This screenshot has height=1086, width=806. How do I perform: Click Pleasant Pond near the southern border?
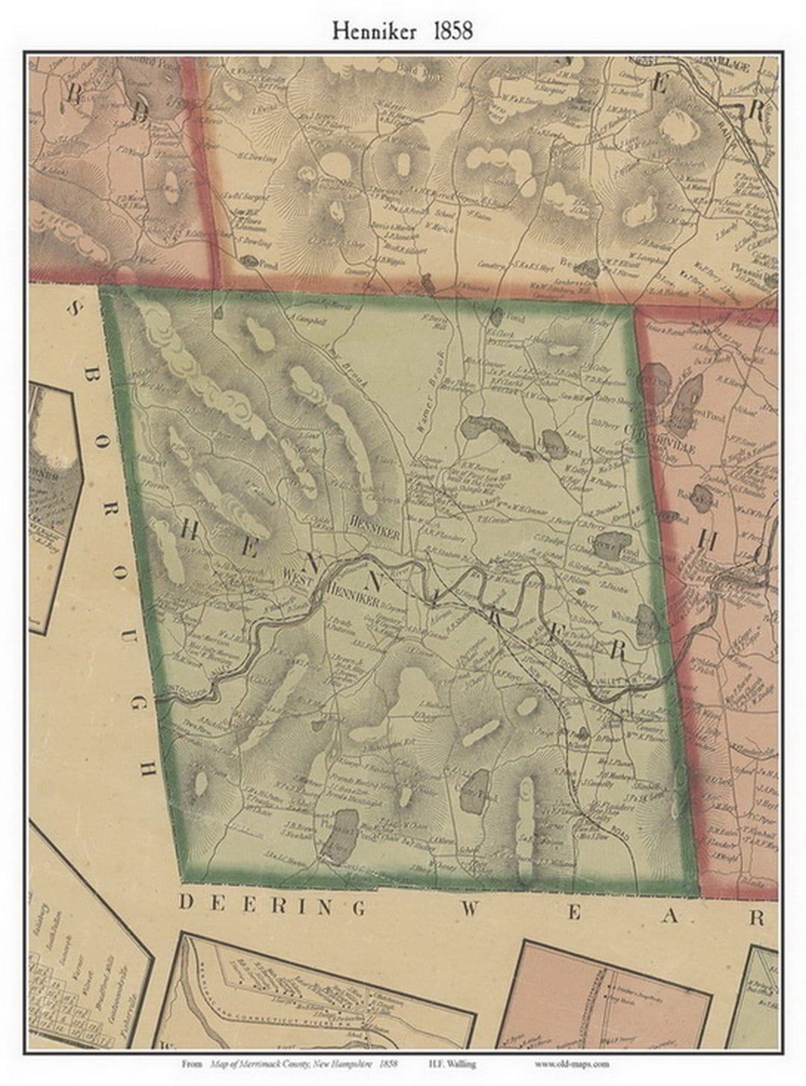pyautogui.click(x=340, y=835)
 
